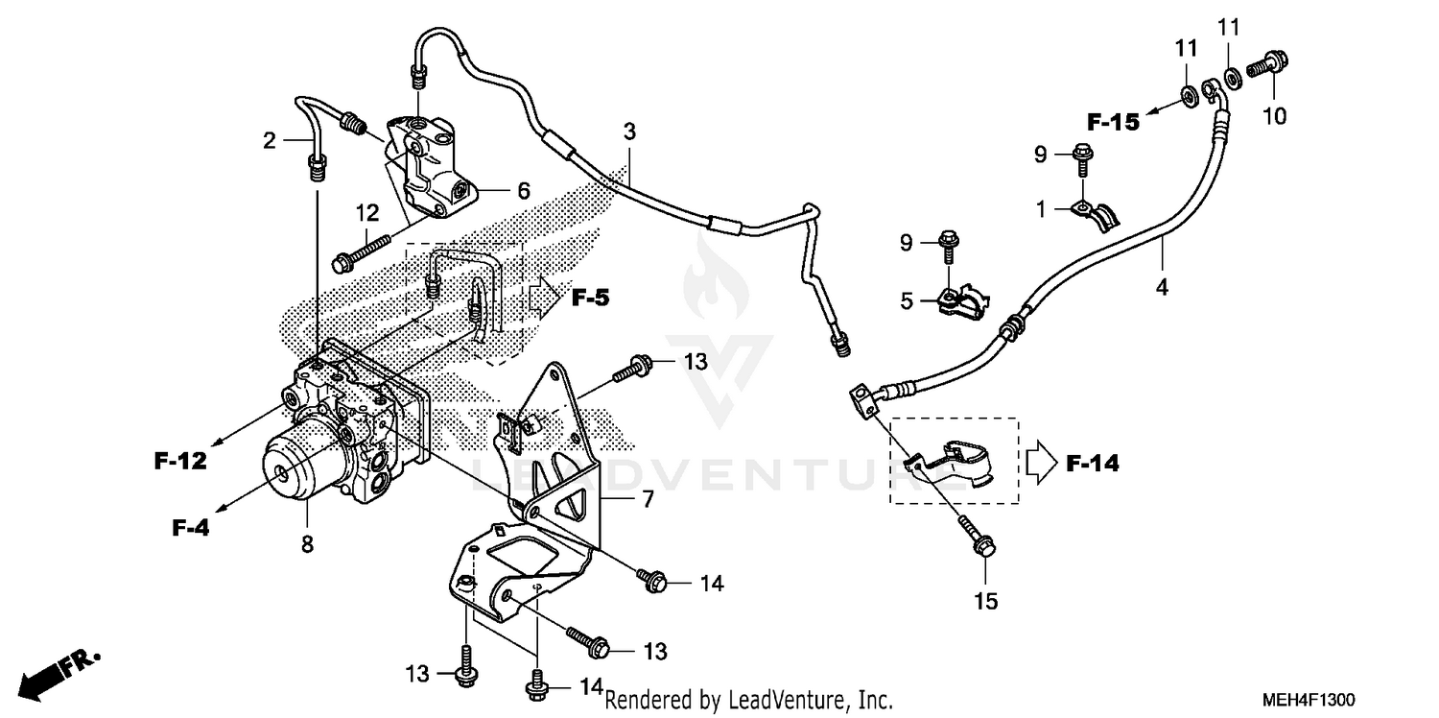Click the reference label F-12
(x=180, y=462)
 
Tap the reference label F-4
(x=191, y=527)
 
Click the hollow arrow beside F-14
(x=1040, y=465)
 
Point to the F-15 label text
(x=1112, y=122)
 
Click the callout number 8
(x=307, y=544)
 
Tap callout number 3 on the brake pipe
(x=628, y=132)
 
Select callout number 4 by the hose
(x=1162, y=286)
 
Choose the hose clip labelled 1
(x=1095, y=213)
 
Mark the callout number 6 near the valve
(x=523, y=191)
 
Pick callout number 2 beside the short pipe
(x=270, y=141)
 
